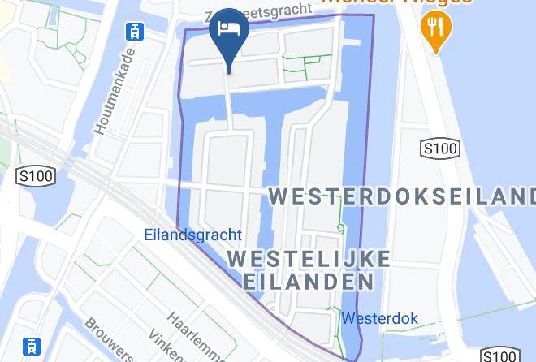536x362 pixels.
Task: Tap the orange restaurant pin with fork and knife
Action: [436, 30]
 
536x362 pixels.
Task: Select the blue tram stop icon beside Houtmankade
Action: [134, 32]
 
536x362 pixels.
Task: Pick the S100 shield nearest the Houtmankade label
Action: [36, 176]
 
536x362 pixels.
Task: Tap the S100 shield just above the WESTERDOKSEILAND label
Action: [439, 149]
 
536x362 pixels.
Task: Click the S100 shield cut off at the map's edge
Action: [499, 356]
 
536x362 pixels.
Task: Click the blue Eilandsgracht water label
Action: [192, 235]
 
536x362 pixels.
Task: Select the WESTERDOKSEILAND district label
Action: [402, 196]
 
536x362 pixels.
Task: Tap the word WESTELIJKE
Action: [309, 259]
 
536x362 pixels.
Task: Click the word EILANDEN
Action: [309, 282]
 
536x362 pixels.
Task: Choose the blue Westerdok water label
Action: [379, 318]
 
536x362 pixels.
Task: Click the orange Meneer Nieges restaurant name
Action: [397, 3]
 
